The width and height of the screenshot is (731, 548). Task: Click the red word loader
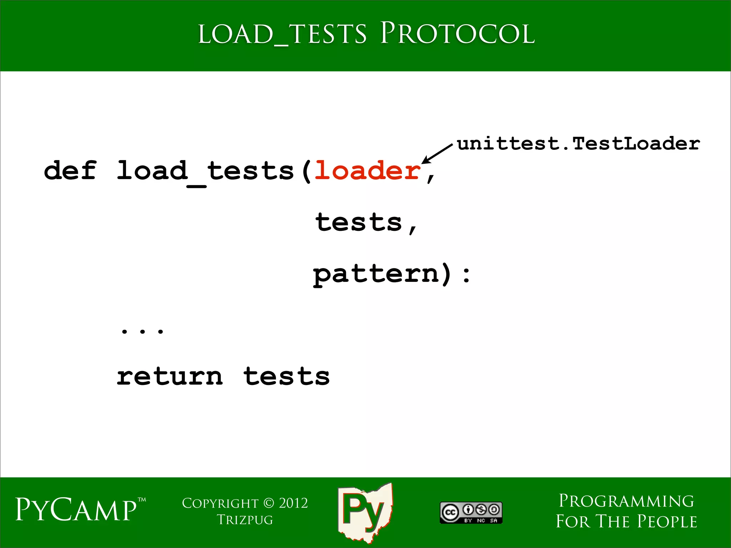367,171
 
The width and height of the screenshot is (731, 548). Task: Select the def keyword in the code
70,171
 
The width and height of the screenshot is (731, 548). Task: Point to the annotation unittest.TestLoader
578,144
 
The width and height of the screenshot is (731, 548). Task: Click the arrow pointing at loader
437,154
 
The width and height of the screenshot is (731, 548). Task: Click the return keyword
170,377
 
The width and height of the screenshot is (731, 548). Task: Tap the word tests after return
286,377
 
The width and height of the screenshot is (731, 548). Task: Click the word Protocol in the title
457,34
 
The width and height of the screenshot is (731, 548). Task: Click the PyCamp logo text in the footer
76,510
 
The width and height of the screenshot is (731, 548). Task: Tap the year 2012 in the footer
293,503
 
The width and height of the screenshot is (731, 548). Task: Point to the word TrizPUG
245,520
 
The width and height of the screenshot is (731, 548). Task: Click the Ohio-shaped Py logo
365,512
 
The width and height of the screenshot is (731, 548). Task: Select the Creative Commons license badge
471,513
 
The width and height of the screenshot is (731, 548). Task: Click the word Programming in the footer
626,501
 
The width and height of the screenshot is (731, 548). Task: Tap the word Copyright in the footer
220,503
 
